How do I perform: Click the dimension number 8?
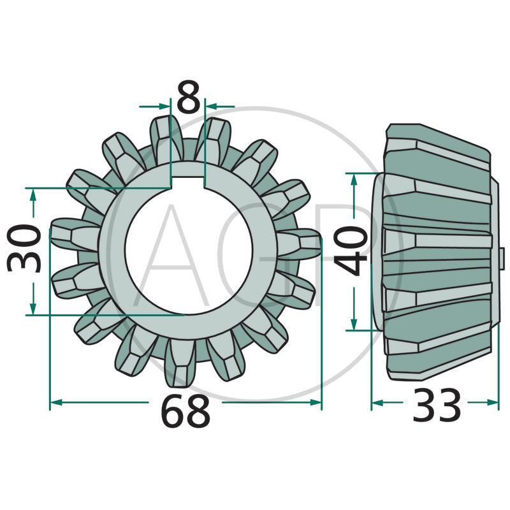point(188,96)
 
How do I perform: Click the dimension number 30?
point(24,249)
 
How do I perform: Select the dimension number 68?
point(186,410)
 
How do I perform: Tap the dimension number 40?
point(351,251)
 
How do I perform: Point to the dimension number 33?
point(437,405)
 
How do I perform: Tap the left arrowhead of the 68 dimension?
point(56,402)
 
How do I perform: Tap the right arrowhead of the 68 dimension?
point(316,402)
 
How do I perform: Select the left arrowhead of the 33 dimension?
point(377,403)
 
